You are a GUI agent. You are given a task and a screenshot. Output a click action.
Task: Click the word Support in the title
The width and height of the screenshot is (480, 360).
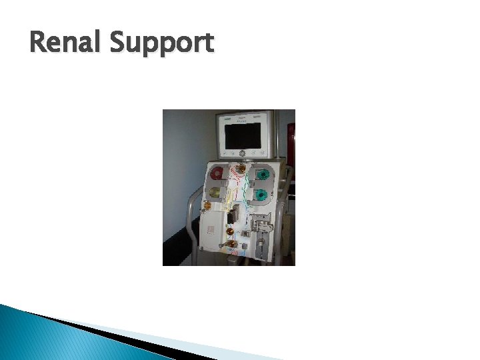(x=162, y=44)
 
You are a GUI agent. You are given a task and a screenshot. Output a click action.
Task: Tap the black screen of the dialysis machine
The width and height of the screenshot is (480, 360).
(x=243, y=135)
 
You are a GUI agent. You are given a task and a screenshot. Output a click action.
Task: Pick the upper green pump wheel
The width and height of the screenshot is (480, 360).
(x=263, y=175)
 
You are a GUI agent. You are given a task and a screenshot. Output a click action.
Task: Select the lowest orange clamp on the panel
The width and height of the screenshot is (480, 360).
(x=231, y=244)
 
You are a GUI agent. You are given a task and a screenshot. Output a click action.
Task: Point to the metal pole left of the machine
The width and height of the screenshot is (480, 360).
(x=193, y=227)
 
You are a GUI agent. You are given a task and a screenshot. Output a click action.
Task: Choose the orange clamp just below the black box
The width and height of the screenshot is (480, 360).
(x=230, y=231)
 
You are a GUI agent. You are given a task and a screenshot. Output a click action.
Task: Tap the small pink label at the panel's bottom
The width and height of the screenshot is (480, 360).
(x=239, y=253)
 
